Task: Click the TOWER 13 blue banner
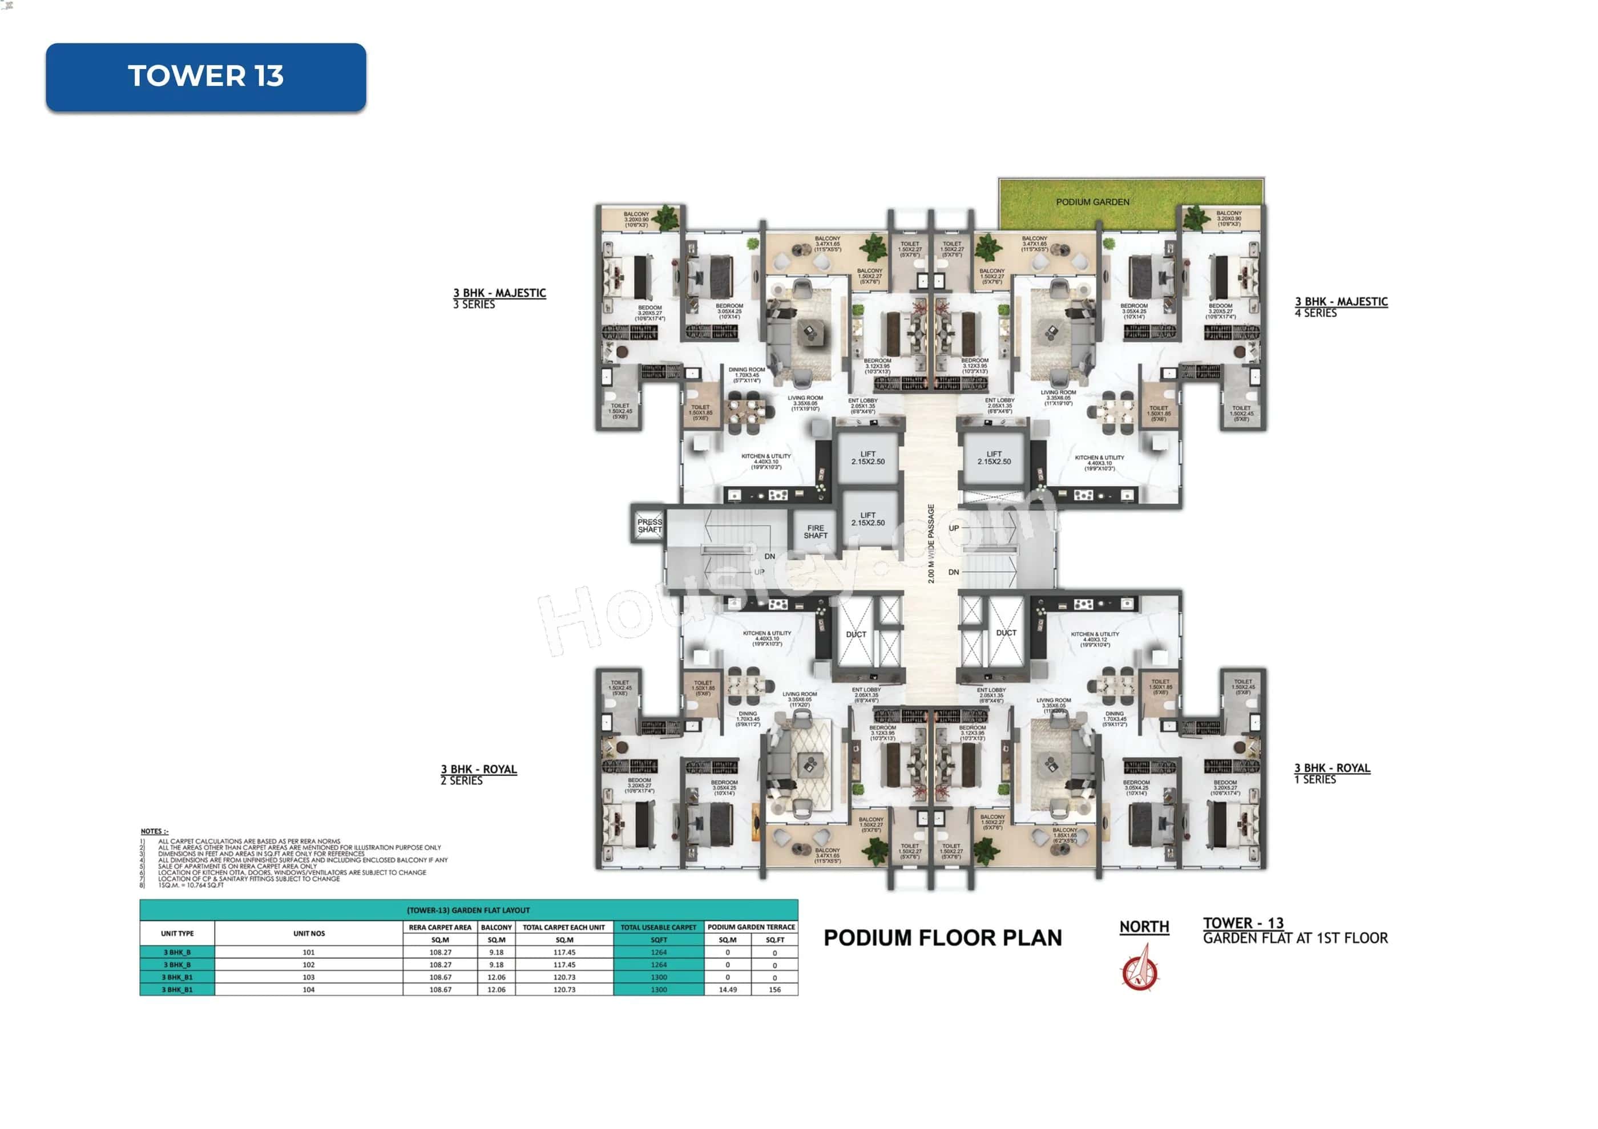206,76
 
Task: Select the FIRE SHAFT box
815,532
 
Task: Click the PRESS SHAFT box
649,525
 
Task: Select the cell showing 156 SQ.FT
774,989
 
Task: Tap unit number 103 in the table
308,977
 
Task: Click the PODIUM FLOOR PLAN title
942,938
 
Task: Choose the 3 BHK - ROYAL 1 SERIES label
1331,773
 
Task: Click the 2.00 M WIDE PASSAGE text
931,543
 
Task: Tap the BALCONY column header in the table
497,927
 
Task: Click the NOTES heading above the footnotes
154,831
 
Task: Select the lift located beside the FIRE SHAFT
868,519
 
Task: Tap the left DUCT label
856,634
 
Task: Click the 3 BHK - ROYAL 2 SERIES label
478,774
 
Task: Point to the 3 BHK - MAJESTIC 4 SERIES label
1341,306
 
